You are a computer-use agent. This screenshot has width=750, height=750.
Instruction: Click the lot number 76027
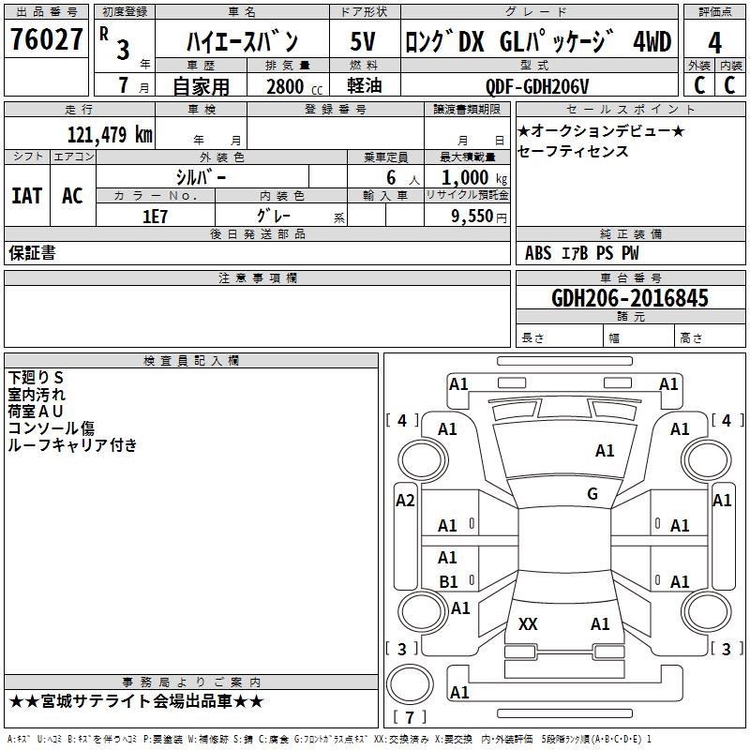[x=45, y=41]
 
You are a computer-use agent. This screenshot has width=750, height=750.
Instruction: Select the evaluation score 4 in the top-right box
[x=714, y=43]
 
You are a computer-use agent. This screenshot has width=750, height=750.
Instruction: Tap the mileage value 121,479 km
[x=111, y=135]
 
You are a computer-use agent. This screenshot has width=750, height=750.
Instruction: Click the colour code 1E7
[x=156, y=215]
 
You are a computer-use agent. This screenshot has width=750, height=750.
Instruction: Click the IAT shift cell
[x=26, y=196]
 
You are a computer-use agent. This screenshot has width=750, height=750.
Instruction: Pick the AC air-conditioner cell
[x=72, y=196]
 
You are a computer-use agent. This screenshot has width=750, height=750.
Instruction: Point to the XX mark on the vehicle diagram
[x=528, y=623]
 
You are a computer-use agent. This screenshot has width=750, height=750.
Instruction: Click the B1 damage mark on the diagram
[x=449, y=581]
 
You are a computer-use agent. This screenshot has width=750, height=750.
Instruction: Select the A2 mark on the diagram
[x=405, y=501]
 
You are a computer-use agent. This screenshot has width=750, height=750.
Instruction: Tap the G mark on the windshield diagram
[x=592, y=493]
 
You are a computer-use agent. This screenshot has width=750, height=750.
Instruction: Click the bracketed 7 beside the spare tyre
[x=410, y=717]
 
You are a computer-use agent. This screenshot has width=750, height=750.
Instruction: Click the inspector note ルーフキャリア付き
[x=72, y=445]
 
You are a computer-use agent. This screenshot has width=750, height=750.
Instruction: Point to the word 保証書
[x=32, y=253]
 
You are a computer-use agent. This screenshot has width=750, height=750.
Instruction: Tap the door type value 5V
[x=364, y=41]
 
